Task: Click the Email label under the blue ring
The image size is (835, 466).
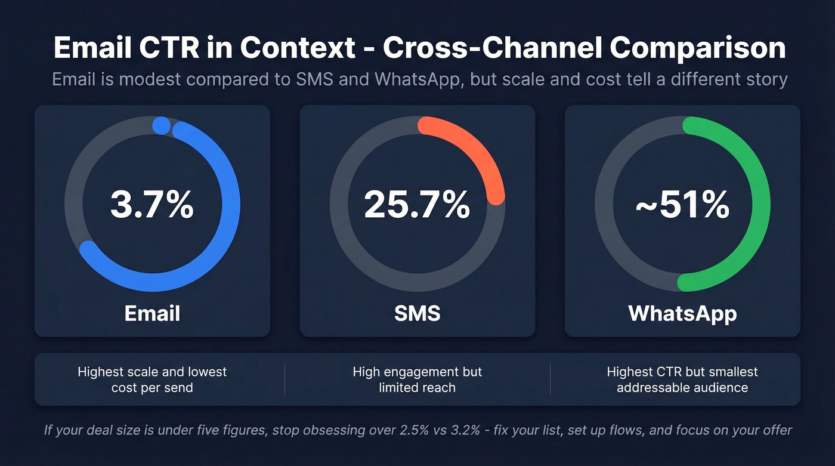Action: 152,313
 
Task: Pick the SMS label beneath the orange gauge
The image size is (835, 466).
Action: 417,313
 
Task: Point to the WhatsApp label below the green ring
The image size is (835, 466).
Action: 682,313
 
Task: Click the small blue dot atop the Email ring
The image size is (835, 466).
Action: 161,125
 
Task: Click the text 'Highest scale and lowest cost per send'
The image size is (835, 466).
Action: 152,379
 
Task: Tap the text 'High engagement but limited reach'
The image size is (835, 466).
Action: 417,379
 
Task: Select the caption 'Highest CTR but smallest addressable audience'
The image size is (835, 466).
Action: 682,379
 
